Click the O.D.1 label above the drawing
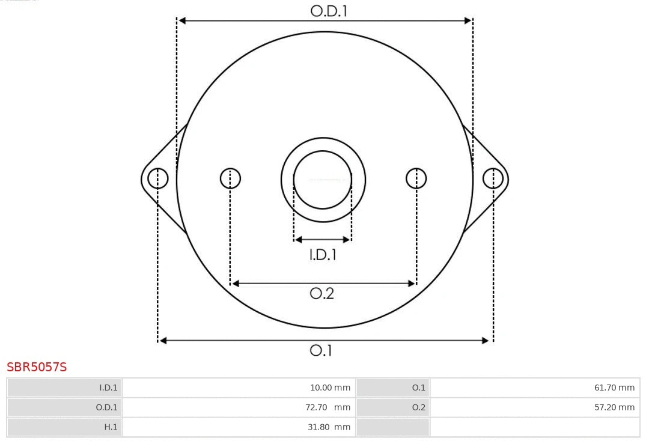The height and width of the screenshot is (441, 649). [x=329, y=11]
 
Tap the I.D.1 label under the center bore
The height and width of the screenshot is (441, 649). [x=323, y=255]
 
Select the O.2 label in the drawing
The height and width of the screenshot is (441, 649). [x=321, y=293]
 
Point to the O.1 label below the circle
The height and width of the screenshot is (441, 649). [x=321, y=350]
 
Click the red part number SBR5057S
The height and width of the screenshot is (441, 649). [x=37, y=366]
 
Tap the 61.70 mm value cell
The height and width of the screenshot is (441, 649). [x=535, y=388]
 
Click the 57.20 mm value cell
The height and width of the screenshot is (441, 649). [x=535, y=407]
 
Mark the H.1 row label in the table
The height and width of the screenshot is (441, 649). [x=64, y=427]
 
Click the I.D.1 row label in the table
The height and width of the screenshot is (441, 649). [x=64, y=388]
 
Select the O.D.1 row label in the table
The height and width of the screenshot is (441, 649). [x=64, y=407]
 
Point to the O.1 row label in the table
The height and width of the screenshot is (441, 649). [x=393, y=388]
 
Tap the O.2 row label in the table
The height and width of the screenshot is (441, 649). [x=393, y=407]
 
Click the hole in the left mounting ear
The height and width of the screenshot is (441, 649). [x=158, y=178]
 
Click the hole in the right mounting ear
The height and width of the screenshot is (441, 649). [x=493, y=178]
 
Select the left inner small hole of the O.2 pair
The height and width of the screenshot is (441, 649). [x=230, y=178]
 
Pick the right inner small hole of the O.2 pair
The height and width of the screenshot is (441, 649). [x=416, y=178]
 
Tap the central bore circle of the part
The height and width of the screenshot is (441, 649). [x=323, y=179]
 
